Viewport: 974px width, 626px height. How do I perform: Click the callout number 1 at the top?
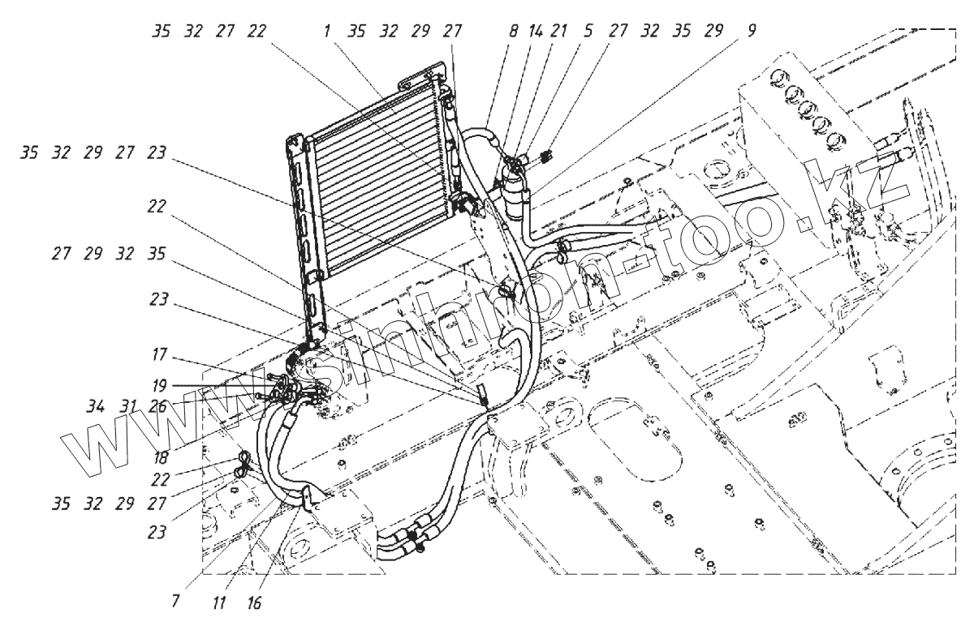click(x=328, y=32)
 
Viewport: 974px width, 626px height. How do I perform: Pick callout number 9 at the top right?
click(x=752, y=32)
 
